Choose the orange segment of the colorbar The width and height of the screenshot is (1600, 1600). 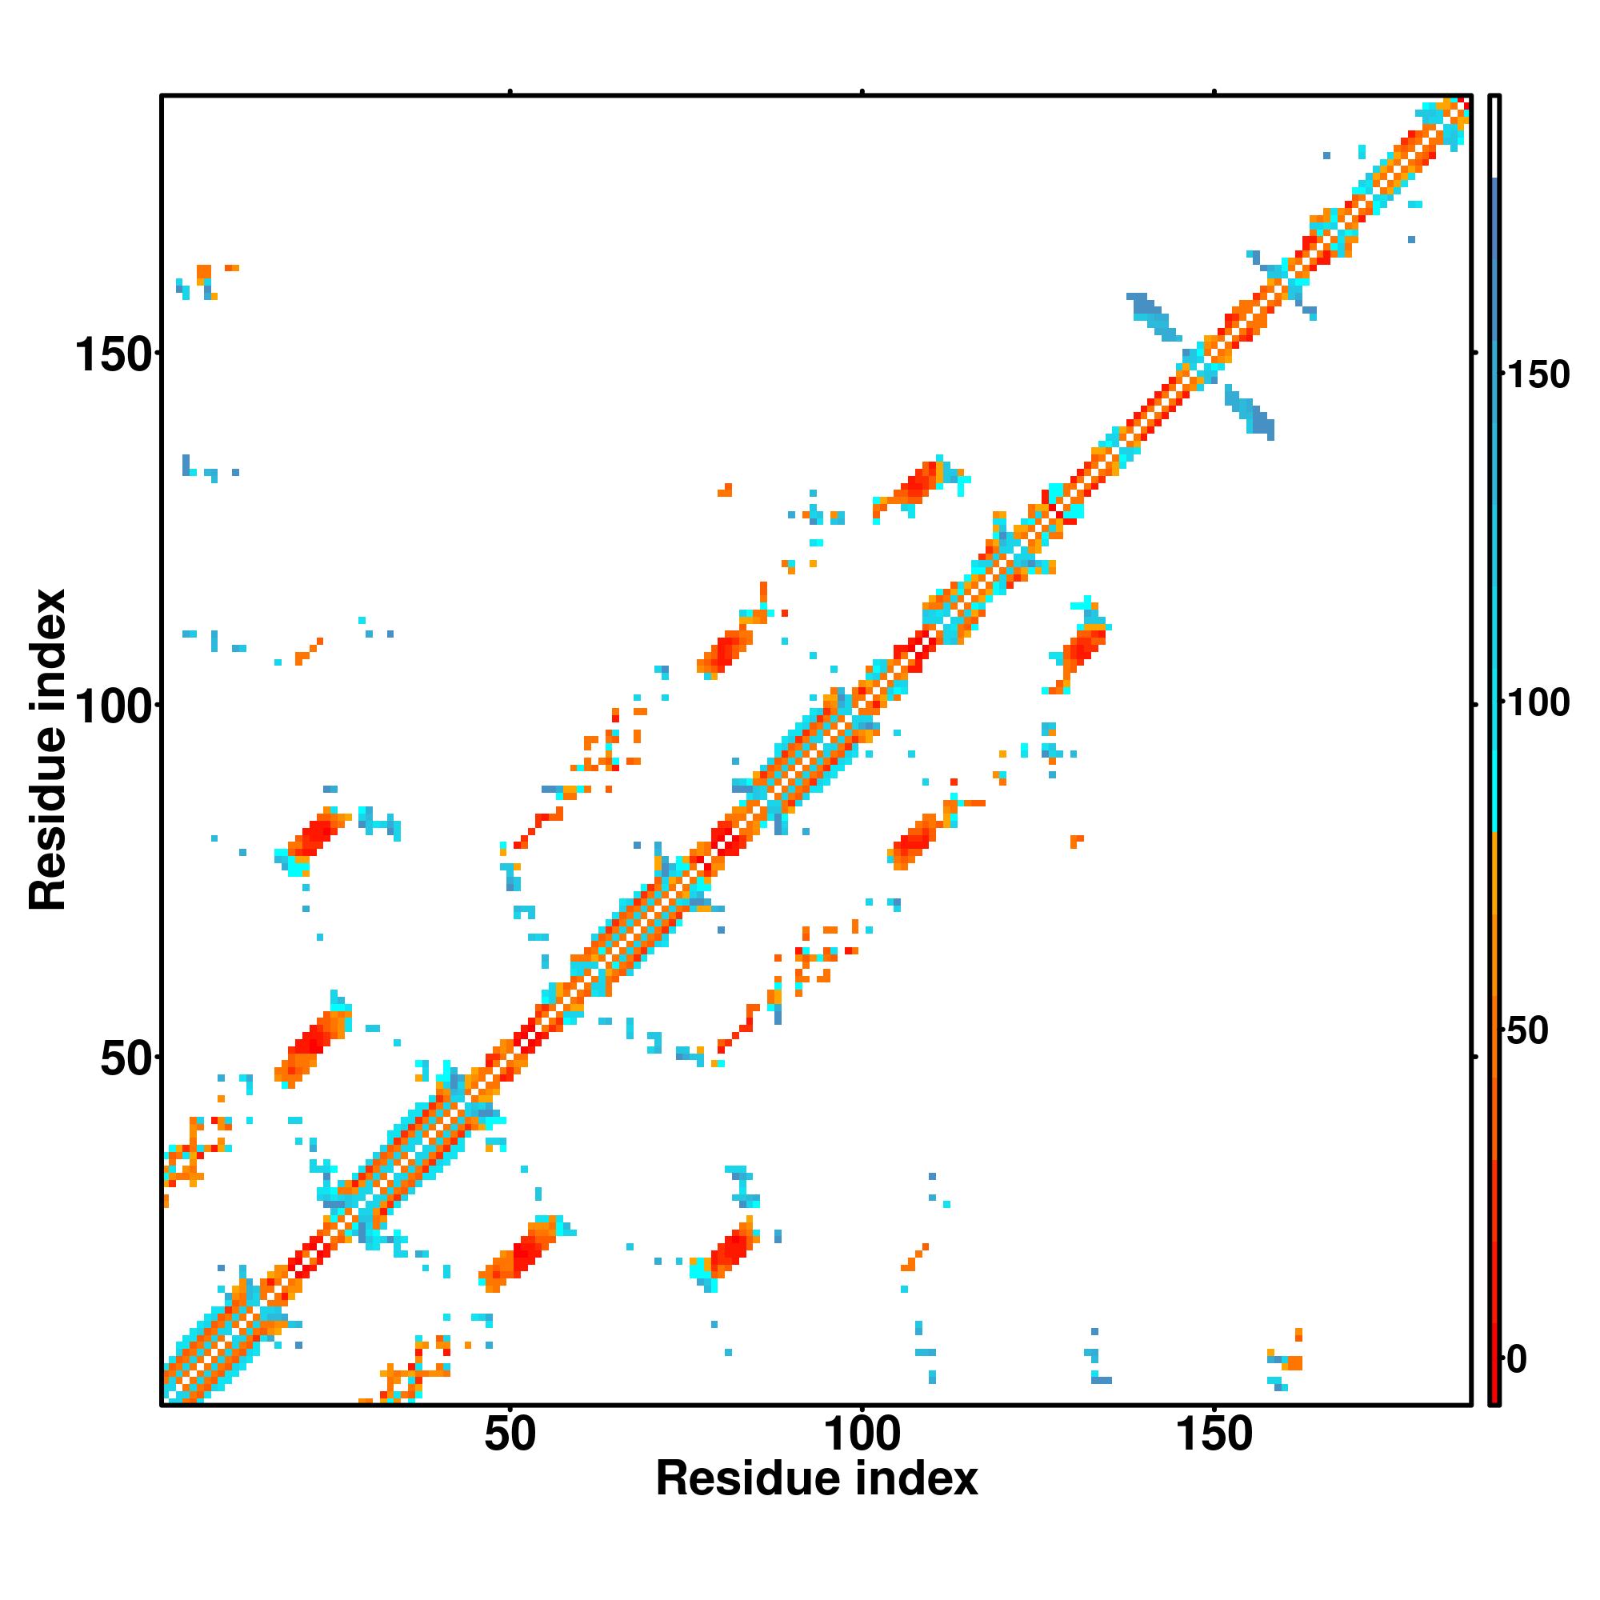click(x=1495, y=952)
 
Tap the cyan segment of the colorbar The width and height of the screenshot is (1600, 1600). click(x=1495, y=746)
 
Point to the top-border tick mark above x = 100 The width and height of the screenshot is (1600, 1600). click(x=862, y=91)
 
